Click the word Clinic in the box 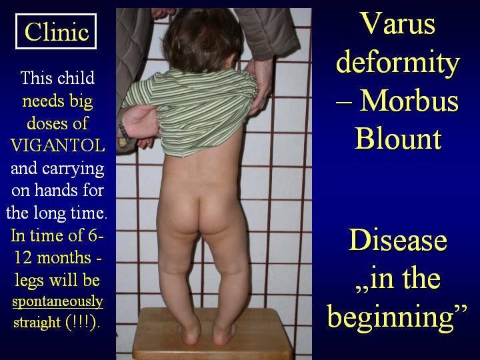click(x=57, y=31)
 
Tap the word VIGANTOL click(x=57, y=145)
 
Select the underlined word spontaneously click(x=57, y=302)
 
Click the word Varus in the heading click(x=397, y=23)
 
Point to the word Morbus click(x=409, y=101)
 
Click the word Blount click(x=398, y=139)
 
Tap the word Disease click(x=397, y=240)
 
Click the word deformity click(x=398, y=63)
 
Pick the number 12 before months click(x=23, y=258)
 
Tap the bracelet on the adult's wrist click(x=124, y=131)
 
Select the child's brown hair click(x=202, y=40)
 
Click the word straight click(x=37, y=323)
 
